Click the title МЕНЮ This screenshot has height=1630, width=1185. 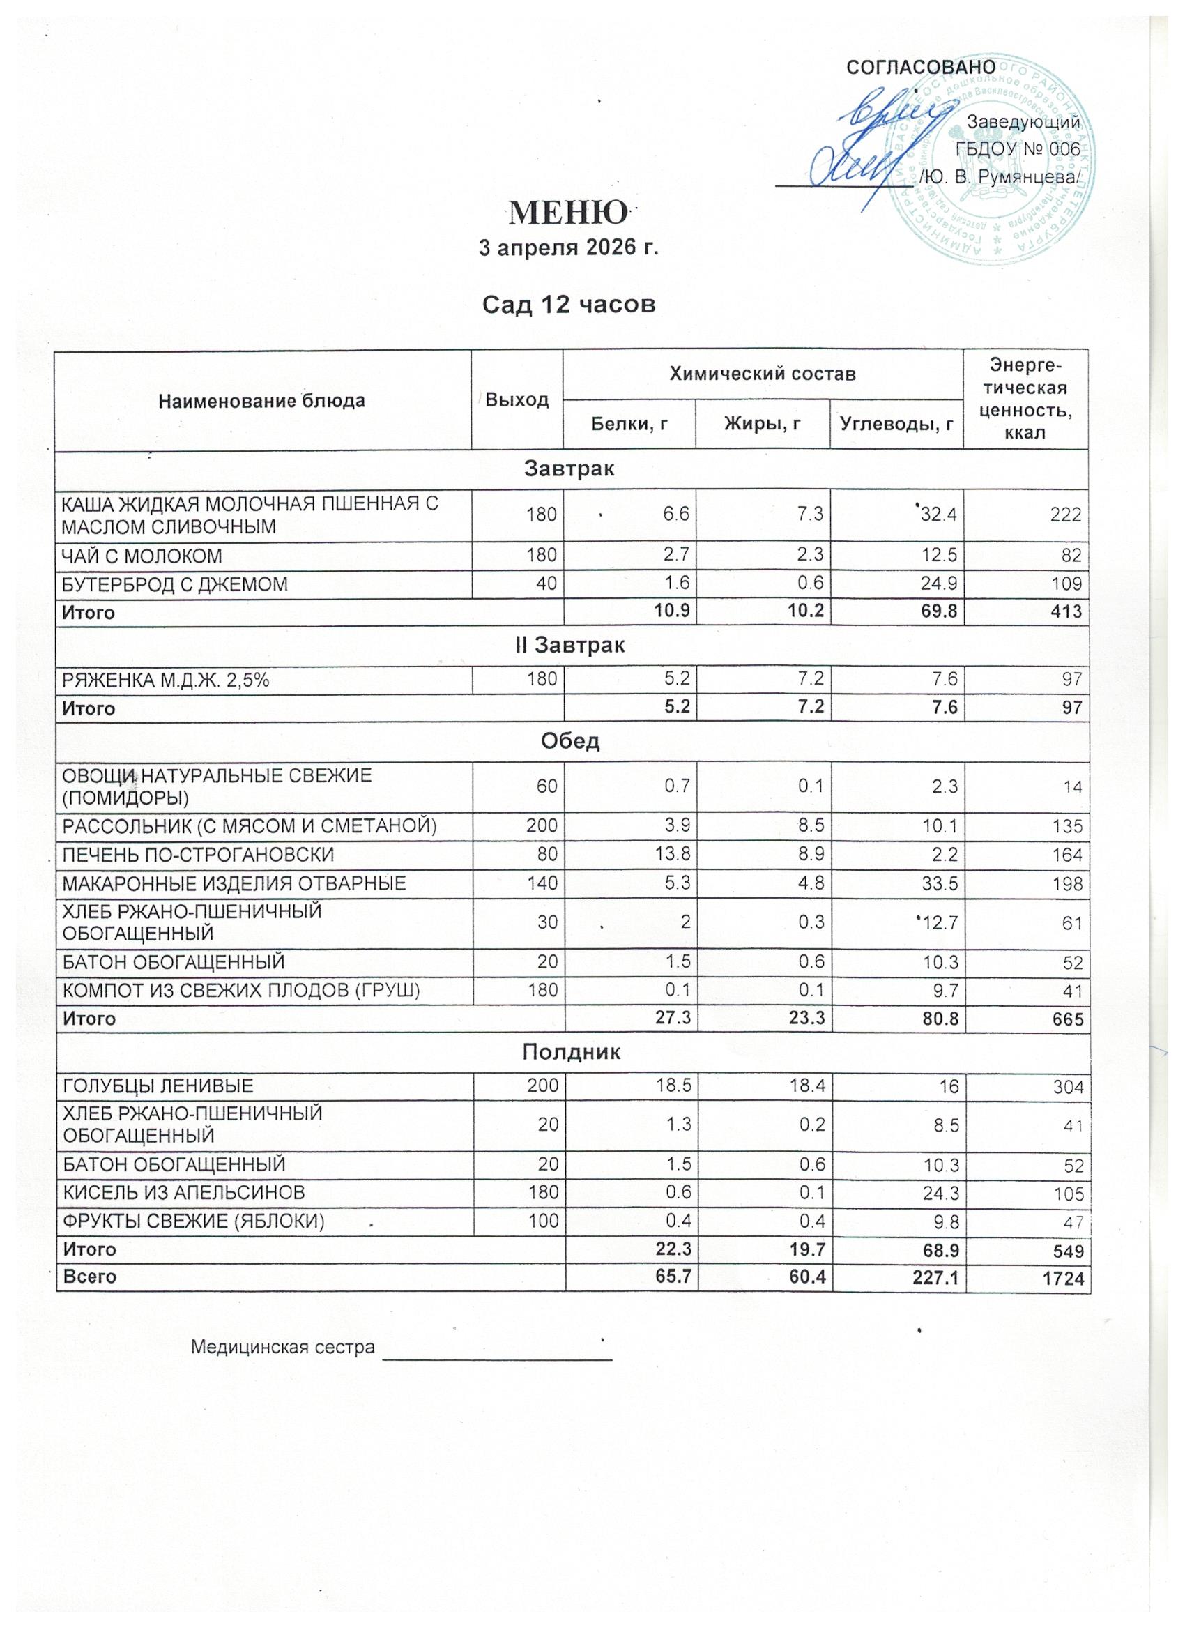coord(567,212)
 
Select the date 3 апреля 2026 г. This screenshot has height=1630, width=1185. coord(568,249)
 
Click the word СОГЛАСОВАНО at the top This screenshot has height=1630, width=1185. coord(922,67)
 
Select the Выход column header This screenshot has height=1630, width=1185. coord(517,400)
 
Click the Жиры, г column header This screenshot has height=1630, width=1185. coord(762,425)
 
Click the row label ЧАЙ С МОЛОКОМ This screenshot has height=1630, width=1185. coord(142,556)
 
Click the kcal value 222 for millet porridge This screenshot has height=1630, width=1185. coord(1066,515)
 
